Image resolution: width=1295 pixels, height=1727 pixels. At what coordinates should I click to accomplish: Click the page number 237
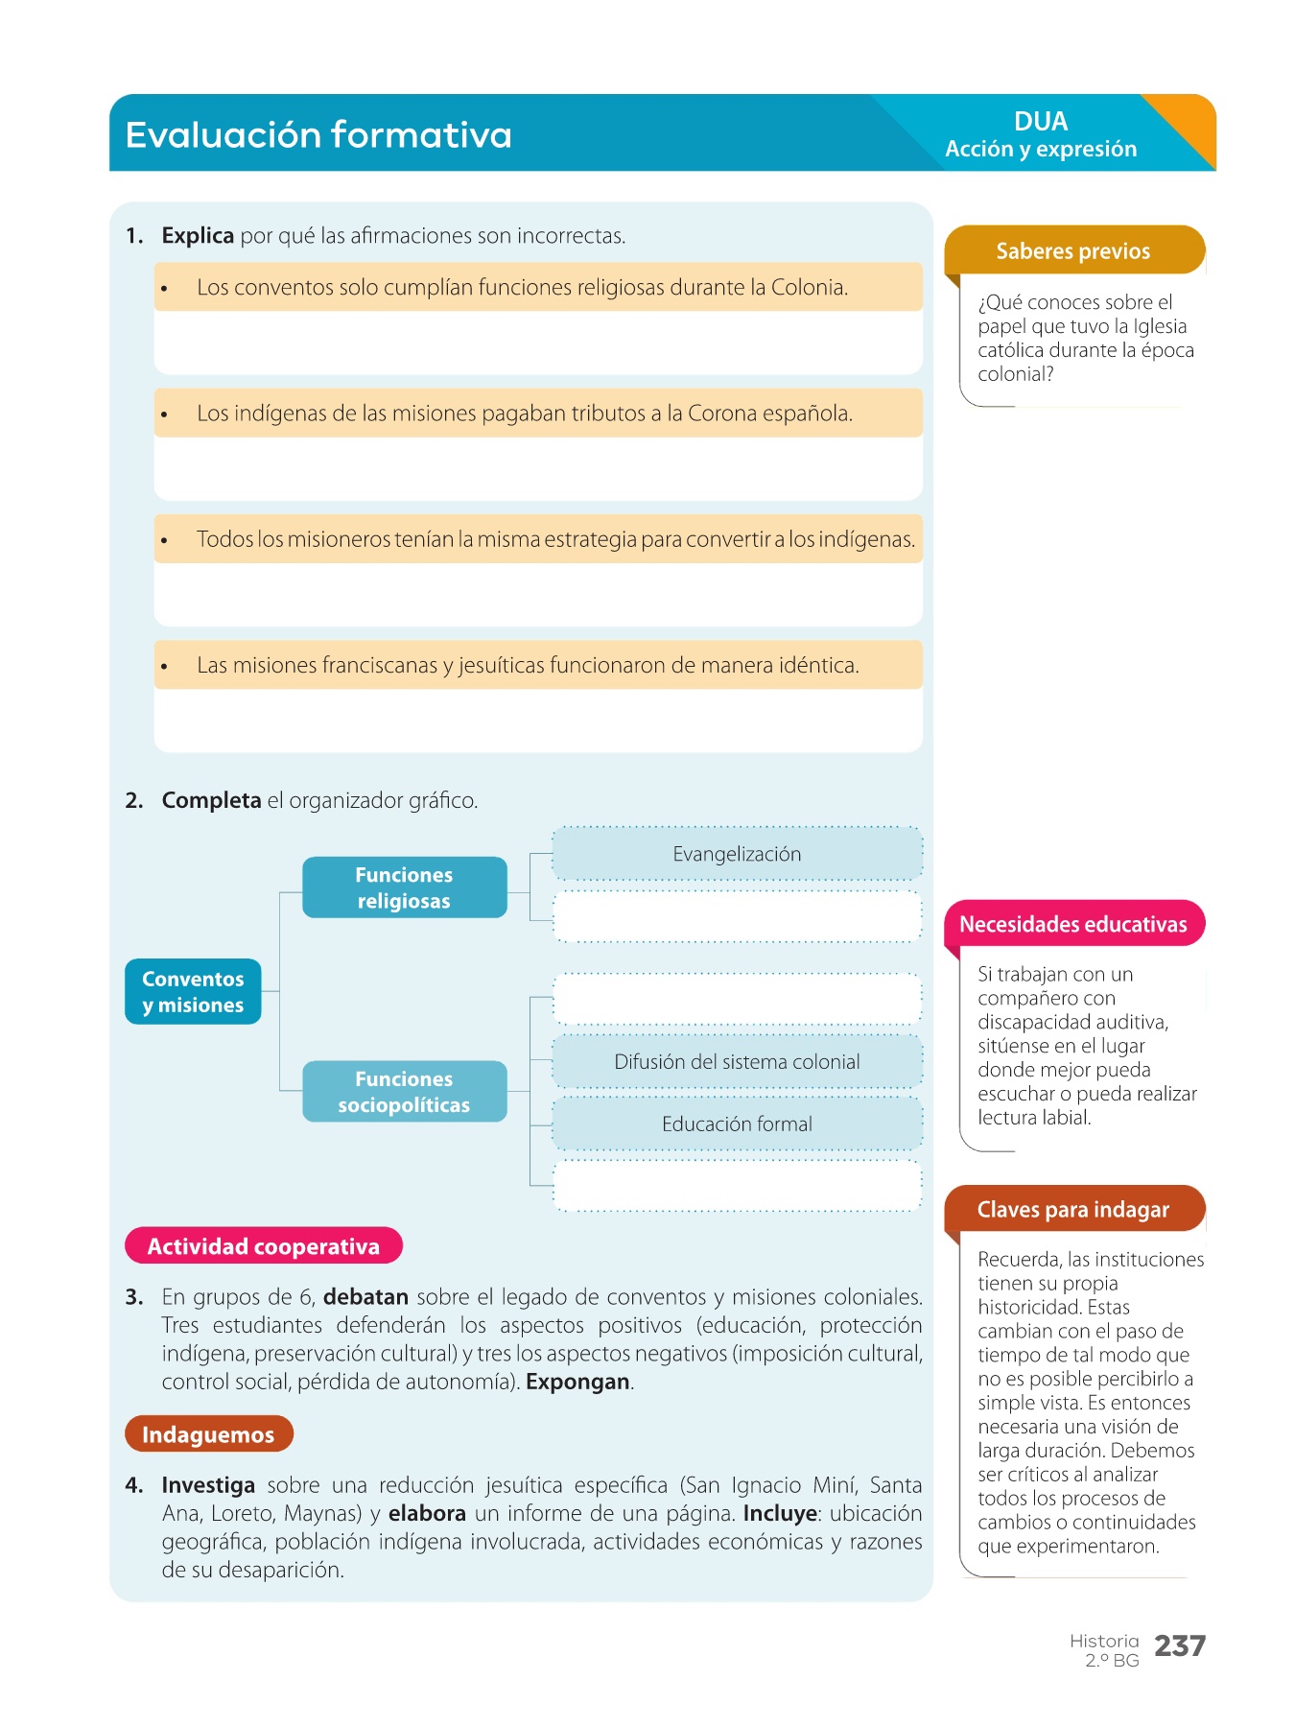click(1179, 1646)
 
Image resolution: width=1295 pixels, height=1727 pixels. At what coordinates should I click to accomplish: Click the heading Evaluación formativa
click(318, 135)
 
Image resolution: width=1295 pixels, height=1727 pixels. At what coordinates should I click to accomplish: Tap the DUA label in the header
click(1041, 122)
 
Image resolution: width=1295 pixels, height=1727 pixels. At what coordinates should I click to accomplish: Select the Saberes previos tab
click(1072, 251)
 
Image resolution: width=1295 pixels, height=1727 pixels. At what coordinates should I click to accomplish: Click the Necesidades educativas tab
click(1072, 925)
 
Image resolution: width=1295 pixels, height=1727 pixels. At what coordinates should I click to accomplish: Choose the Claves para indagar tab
click(1072, 1210)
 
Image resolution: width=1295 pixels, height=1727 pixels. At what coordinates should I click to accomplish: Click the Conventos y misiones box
click(193, 992)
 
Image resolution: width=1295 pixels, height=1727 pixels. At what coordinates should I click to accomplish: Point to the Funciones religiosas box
click(404, 888)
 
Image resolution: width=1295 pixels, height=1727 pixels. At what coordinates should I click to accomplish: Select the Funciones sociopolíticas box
click(404, 1092)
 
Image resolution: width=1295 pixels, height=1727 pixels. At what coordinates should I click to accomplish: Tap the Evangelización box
click(737, 855)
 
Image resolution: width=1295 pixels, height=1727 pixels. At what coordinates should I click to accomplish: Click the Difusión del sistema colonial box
click(737, 1062)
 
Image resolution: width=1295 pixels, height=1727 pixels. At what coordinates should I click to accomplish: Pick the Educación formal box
click(737, 1124)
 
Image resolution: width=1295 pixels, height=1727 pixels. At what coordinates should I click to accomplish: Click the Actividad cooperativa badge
click(263, 1246)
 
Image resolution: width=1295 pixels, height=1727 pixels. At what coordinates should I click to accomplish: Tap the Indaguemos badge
click(208, 1434)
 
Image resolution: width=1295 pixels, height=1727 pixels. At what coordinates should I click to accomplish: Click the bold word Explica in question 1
click(198, 236)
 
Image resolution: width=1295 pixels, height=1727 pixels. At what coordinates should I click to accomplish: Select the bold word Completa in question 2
click(211, 801)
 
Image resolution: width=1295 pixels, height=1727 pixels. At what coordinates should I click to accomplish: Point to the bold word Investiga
click(208, 1485)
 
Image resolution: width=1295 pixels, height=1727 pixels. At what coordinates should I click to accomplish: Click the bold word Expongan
click(577, 1383)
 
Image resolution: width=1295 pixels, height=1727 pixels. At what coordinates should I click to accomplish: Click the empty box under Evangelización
click(737, 917)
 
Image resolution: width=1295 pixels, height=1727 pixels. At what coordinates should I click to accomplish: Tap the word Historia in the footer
click(1104, 1642)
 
